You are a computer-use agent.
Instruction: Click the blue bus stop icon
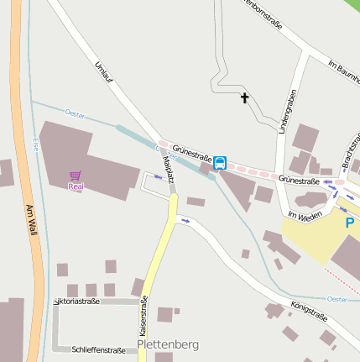(x=220, y=162)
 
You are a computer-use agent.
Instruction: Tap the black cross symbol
(x=245, y=98)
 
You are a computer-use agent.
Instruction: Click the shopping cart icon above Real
(x=76, y=176)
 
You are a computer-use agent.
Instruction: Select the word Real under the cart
(x=76, y=186)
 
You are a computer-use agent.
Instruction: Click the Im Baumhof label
(x=343, y=76)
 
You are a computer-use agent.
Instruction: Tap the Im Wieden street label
(x=305, y=216)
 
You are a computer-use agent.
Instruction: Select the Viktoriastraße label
(x=76, y=301)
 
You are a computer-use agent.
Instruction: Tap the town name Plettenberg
(x=167, y=344)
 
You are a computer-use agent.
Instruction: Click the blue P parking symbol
(x=350, y=223)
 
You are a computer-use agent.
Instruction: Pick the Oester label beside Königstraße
(x=337, y=299)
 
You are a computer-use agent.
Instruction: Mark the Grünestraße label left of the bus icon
(x=191, y=155)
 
